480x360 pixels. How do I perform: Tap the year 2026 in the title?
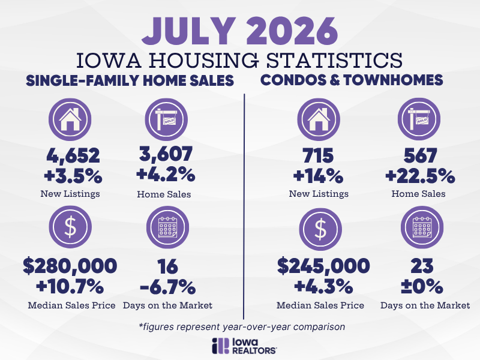292,31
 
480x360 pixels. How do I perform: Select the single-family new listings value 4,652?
73,156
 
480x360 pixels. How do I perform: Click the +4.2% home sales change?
166,175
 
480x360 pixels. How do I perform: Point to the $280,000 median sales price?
70,266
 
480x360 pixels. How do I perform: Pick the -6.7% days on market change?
168,287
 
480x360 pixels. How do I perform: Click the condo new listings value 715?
319,156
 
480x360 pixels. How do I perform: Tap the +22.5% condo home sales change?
420,176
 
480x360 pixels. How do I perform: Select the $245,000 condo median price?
323,266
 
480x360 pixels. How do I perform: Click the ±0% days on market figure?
422,287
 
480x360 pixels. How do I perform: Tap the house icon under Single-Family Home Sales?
70,119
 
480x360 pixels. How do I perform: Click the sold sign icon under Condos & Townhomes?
419,119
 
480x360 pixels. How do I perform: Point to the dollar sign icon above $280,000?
70,227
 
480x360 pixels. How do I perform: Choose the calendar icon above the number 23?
422,227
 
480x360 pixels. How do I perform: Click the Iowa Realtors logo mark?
220,346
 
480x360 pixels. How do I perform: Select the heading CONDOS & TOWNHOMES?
352,80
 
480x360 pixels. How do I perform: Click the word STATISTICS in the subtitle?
334,60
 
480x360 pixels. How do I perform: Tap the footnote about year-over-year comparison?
242,326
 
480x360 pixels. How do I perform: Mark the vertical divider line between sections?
244,206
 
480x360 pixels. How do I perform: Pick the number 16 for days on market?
167,266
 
